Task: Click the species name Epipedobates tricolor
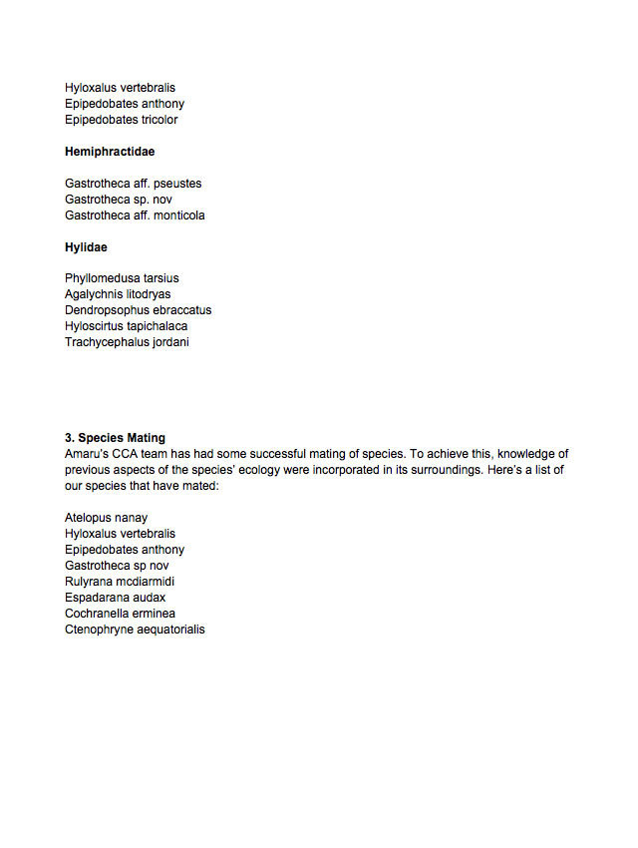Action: point(122,120)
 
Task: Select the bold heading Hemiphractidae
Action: point(110,152)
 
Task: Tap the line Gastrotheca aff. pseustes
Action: point(134,184)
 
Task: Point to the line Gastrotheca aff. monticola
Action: point(136,215)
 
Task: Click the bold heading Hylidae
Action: point(87,246)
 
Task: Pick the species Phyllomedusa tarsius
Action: point(122,278)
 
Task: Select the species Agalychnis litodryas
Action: point(118,294)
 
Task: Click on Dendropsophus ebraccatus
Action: point(139,310)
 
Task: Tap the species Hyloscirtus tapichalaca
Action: point(127,326)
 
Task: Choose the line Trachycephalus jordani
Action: point(127,342)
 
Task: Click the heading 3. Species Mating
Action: point(116,438)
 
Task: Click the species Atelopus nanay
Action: point(107,518)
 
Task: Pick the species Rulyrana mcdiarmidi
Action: point(124,582)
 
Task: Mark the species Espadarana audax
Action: point(116,598)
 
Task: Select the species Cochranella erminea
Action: point(121,614)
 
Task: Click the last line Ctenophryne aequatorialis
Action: point(136,630)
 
